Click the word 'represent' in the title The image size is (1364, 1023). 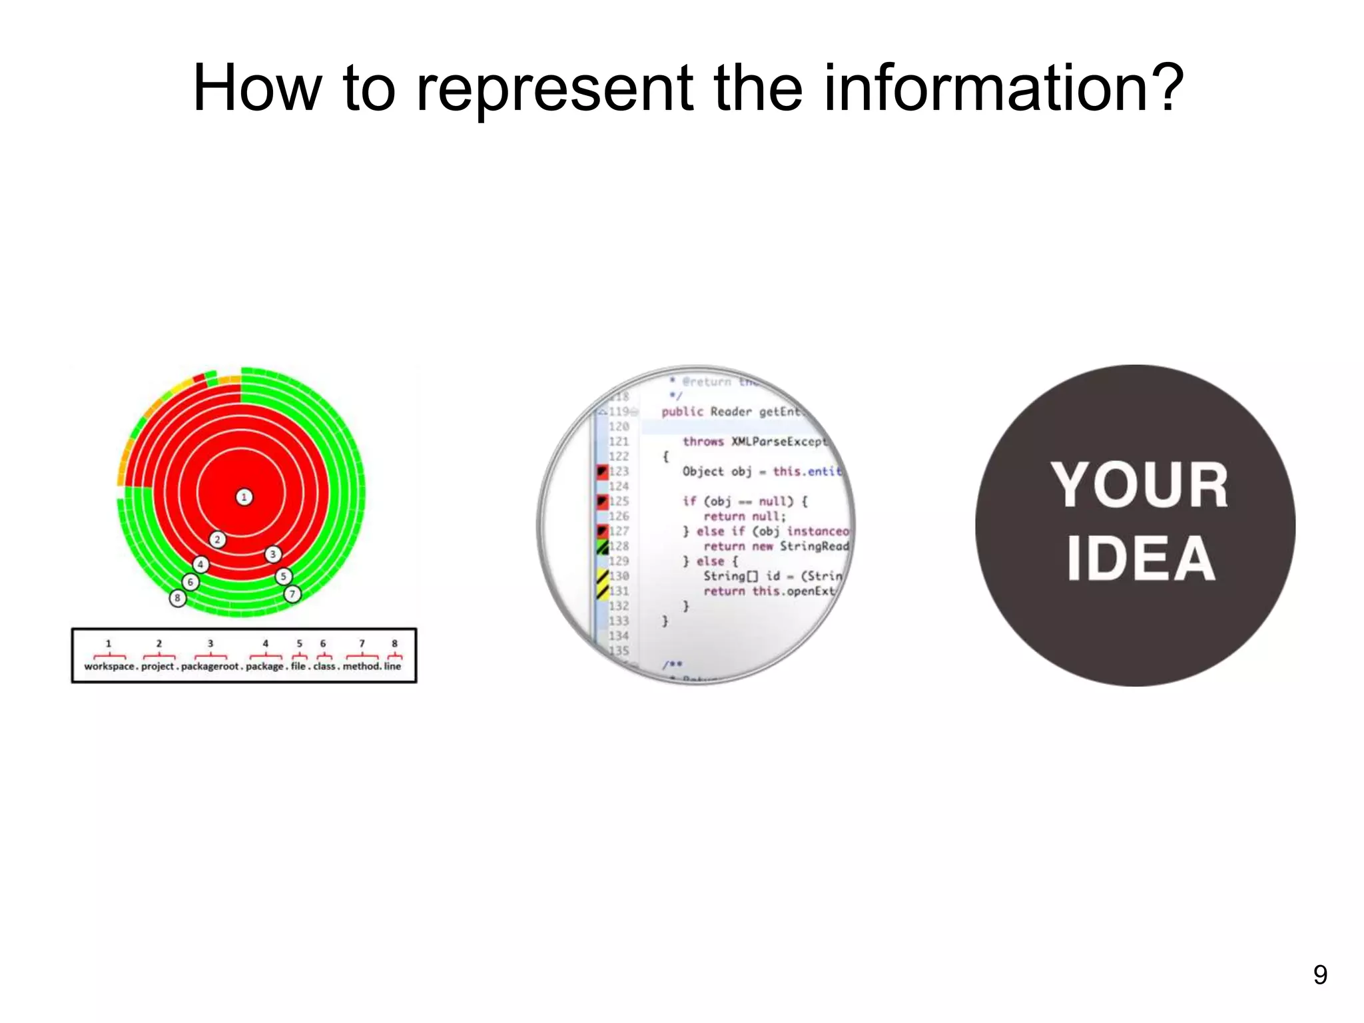(x=554, y=90)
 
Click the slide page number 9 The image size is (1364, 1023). (x=1320, y=975)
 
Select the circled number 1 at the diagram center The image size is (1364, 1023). (x=244, y=497)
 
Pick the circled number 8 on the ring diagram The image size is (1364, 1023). (x=177, y=598)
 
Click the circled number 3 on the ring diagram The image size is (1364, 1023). (x=272, y=554)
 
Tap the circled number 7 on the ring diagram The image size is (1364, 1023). (x=292, y=594)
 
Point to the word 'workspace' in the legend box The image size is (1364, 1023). (x=109, y=666)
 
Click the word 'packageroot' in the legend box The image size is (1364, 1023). (x=209, y=666)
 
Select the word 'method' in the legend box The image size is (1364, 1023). (x=361, y=666)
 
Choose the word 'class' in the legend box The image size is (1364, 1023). (x=324, y=666)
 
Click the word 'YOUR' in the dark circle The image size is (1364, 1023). (x=1140, y=486)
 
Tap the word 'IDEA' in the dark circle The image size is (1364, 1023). (x=1141, y=559)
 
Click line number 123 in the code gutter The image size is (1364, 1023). (x=619, y=472)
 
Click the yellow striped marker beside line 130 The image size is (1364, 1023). (x=602, y=576)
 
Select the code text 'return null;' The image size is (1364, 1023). (x=745, y=516)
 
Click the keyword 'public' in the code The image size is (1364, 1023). (x=682, y=412)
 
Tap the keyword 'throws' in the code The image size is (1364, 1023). (x=703, y=442)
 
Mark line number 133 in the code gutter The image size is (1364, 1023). (x=619, y=621)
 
